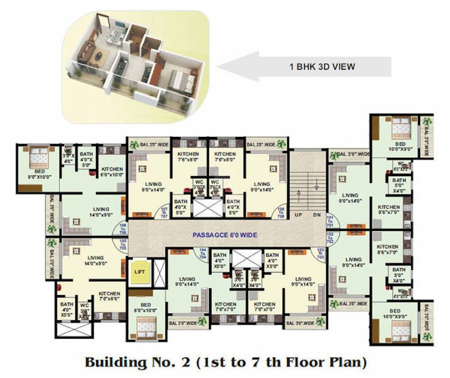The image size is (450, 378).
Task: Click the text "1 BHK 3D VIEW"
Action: (x=322, y=66)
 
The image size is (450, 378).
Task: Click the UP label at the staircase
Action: (x=298, y=216)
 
